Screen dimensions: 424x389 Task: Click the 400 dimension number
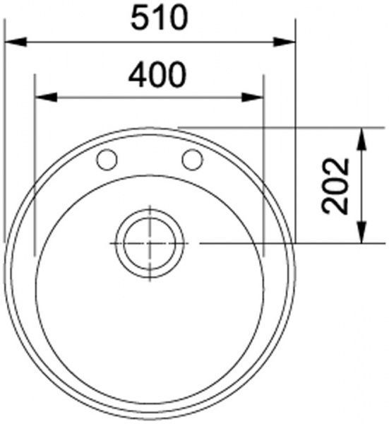click(x=157, y=72)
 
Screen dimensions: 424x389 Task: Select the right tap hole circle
click(x=191, y=160)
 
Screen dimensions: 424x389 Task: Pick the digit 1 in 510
click(x=160, y=18)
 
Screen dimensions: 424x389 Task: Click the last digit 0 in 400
click(x=177, y=72)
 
